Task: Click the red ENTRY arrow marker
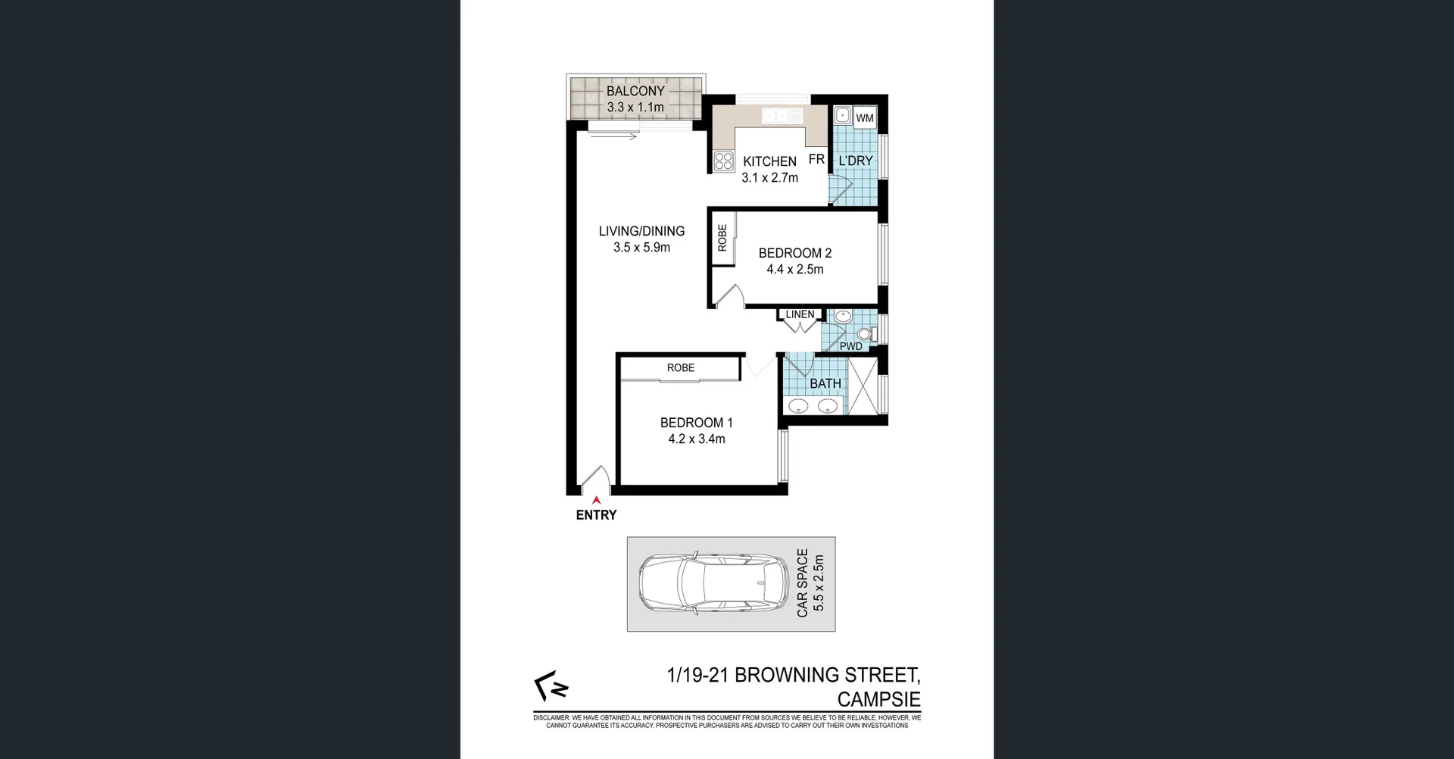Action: click(x=597, y=500)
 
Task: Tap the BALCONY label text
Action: click(x=635, y=91)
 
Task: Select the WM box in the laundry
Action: click(x=865, y=117)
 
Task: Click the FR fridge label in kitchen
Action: click(x=816, y=159)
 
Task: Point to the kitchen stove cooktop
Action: click(x=723, y=161)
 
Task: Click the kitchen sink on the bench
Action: click(x=782, y=116)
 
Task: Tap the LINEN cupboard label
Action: click(x=800, y=314)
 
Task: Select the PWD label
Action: click(x=850, y=346)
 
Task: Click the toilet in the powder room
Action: click(x=865, y=334)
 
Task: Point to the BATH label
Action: click(x=825, y=383)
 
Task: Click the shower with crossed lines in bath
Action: click(x=863, y=386)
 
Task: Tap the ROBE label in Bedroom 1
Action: click(x=680, y=367)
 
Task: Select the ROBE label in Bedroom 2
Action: click(x=722, y=238)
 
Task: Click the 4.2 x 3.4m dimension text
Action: click(x=697, y=439)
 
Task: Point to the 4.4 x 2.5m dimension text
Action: click(x=795, y=269)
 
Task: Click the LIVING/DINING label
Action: click(x=641, y=231)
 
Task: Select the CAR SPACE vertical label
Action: click(x=803, y=583)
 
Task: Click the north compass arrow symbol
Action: click(x=551, y=686)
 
